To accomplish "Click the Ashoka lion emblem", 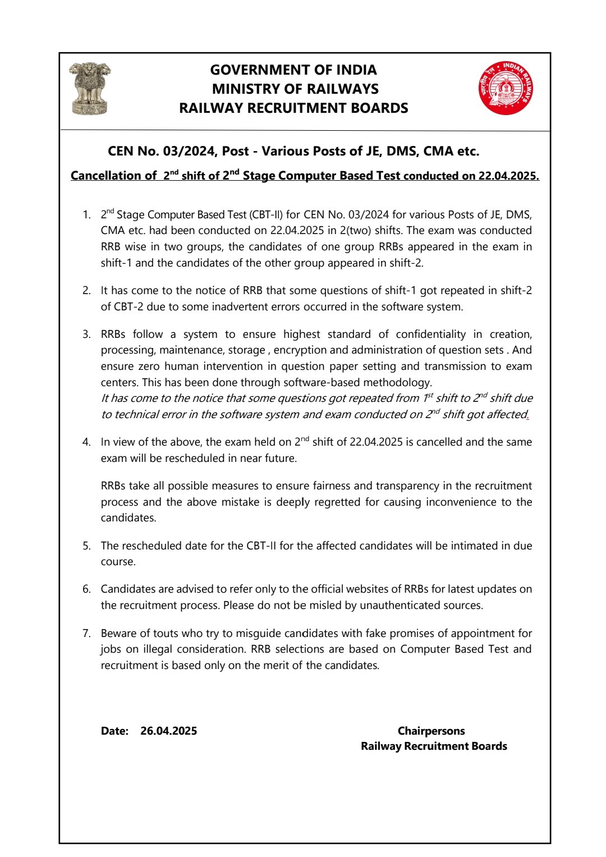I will click(x=90, y=88).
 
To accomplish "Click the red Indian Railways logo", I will click(x=506, y=88).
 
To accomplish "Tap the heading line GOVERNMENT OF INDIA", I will click(x=293, y=70).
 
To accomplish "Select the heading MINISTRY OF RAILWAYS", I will click(x=295, y=89).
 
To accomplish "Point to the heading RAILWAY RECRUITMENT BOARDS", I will click(x=293, y=108).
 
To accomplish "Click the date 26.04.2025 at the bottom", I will click(x=168, y=731).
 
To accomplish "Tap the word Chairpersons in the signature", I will click(x=431, y=731).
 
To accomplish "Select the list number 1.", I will click(x=86, y=215).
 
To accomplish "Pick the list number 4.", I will click(x=86, y=442).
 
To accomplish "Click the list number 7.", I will click(x=86, y=634).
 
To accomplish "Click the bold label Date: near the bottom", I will click(x=114, y=731).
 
